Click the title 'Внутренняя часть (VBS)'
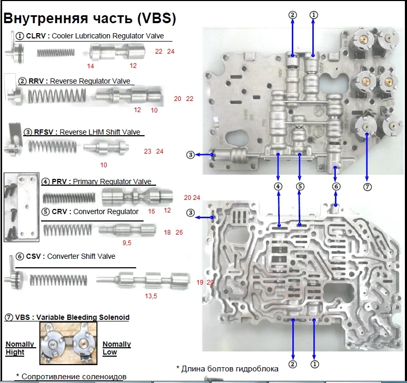[x=90, y=18]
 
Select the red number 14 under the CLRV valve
[x=91, y=66]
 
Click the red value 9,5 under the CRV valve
[x=127, y=243]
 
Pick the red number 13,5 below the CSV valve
[x=151, y=296]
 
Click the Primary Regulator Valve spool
[x=137, y=199]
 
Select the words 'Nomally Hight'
[x=20, y=348]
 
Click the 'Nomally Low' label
[x=117, y=348]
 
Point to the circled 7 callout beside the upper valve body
[x=367, y=186]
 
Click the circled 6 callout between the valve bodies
[x=336, y=186]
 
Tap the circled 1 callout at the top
[x=313, y=15]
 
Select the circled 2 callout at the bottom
[x=293, y=363]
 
